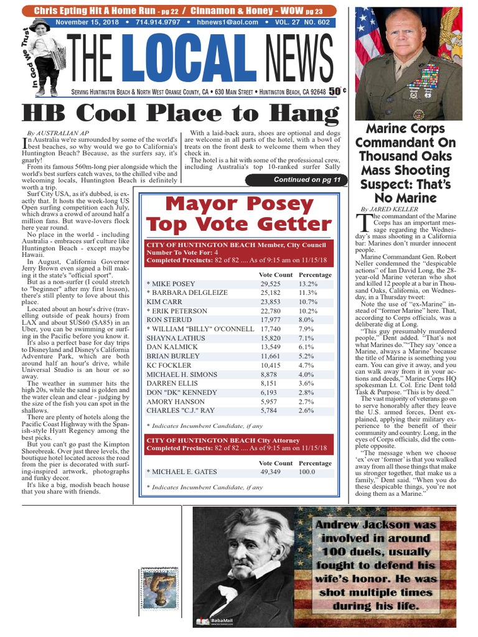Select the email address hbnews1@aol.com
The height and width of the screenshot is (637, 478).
point(214,22)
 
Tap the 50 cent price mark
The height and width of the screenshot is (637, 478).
point(337,91)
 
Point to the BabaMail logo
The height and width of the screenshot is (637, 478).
point(212,621)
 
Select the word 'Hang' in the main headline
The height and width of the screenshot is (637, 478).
point(302,115)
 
